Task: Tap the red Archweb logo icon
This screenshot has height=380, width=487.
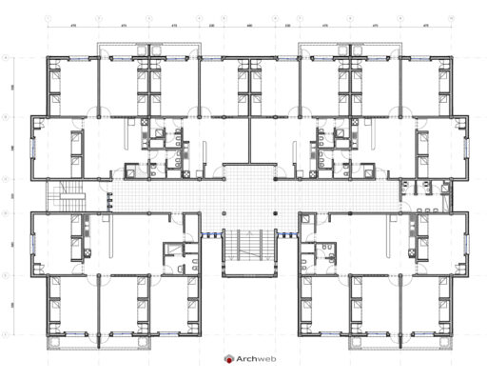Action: coord(229,360)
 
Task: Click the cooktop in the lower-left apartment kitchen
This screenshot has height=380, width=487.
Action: coord(85,229)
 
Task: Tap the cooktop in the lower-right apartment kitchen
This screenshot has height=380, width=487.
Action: coord(416,229)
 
